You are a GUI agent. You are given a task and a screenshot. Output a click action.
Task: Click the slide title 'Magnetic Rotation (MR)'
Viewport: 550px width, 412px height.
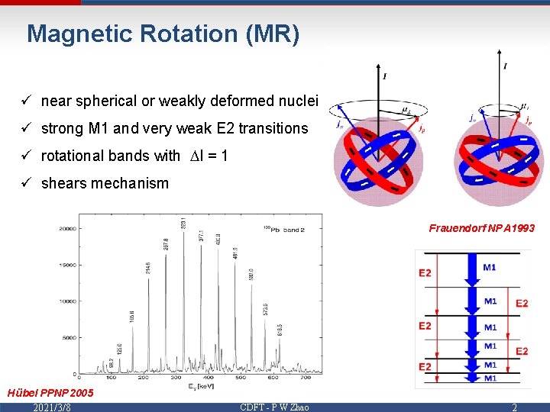tap(163, 34)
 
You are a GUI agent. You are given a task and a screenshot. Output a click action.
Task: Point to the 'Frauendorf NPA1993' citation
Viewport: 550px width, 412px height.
tap(481, 228)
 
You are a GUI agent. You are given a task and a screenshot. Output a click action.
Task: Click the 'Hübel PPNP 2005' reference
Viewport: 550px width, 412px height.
tap(50, 393)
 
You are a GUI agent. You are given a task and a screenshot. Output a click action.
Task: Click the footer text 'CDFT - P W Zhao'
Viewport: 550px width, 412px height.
tap(274, 407)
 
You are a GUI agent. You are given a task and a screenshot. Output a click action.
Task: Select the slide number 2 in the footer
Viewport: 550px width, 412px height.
tap(514, 407)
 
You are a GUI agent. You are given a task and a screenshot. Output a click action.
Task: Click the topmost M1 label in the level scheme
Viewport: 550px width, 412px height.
tap(490, 267)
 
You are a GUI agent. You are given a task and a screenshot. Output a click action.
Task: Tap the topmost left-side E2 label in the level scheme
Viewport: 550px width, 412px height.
tap(425, 273)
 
